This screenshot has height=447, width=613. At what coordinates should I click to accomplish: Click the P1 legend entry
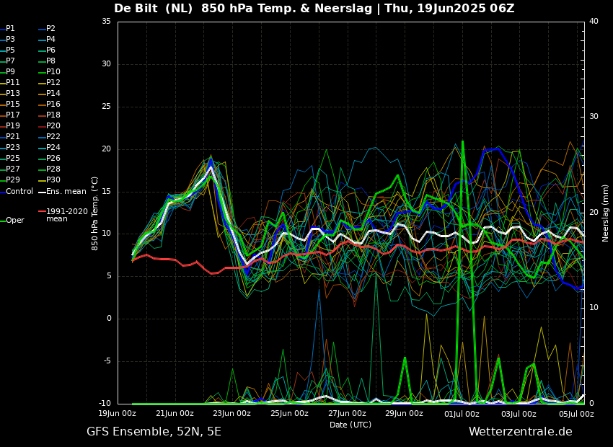[x=10, y=29]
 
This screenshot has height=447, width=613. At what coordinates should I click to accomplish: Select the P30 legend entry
[x=53, y=180]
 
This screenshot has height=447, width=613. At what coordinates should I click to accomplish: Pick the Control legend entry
[x=19, y=191]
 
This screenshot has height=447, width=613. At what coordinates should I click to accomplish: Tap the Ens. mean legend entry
[x=66, y=191]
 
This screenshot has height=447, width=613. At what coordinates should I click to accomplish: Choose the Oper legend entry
[x=14, y=221]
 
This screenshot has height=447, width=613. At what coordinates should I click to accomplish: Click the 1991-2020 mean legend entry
[x=66, y=215]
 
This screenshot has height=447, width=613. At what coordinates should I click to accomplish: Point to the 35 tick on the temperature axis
[x=106, y=22]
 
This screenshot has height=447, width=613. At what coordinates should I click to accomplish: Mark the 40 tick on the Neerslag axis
[x=594, y=22]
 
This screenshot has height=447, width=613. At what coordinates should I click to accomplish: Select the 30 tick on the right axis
[x=594, y=117]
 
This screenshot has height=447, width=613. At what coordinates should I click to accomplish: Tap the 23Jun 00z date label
[x=231, y=414]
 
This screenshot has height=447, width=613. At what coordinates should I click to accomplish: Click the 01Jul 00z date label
[x=462, y=414]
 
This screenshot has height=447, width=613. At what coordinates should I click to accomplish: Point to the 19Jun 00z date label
[x=118, y=414]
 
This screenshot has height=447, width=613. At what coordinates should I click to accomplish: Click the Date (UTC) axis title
[x=350, y=425]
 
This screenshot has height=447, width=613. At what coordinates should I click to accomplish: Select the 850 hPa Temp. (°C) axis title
[x=95, y=213]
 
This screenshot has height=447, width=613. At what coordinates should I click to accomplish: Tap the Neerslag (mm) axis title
[x=606, y=213]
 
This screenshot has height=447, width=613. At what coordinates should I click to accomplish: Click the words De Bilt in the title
[x=137, y=9]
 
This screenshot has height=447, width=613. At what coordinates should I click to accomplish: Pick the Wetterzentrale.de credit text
[x=520, y=432]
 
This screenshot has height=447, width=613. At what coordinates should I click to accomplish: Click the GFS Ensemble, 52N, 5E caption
[x=154, y=432]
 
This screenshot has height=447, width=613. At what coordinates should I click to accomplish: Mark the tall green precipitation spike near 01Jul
[x=462, y=216]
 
